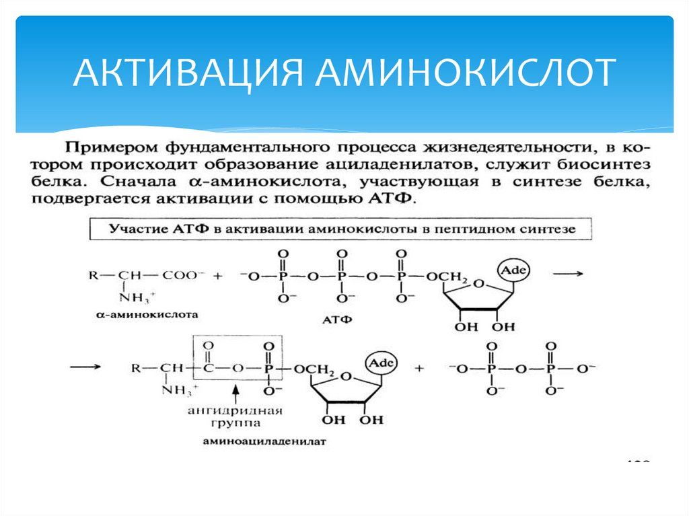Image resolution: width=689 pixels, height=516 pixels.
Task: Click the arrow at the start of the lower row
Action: [x=86, y=368]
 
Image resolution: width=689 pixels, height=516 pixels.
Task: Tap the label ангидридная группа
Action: [x=235, y=417]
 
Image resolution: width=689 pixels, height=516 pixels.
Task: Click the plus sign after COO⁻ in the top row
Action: [x=217, y=276]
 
